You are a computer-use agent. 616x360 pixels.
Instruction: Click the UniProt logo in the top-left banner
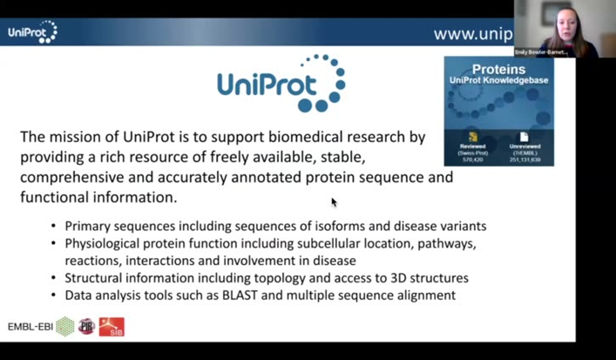tap(32, 32)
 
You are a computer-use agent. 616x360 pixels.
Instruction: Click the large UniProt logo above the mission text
tap(281, 84)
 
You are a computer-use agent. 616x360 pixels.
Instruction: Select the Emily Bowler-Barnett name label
tap(541, 52)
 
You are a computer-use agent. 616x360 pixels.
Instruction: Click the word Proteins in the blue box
tap(498, 69)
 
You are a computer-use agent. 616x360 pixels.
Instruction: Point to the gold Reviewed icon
tap(473, 137)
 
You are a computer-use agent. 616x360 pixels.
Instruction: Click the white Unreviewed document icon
tap(524, 137)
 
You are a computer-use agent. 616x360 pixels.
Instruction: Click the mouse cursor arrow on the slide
tap(334, 202)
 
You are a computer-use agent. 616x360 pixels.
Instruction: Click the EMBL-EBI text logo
tap(31, 327)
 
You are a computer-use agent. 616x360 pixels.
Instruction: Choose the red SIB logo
tap(111, 327)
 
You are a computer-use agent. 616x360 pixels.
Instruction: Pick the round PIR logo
tap(86, 327)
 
